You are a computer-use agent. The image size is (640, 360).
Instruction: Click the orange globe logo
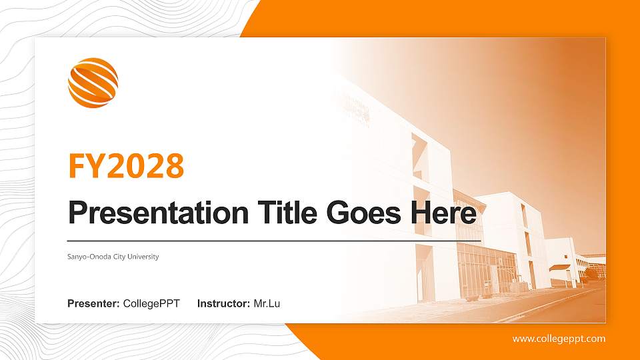(x=93, y=83)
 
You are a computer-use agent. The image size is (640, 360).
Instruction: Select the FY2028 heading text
(x=126, y=166)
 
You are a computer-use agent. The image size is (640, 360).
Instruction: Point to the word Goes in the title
(x=364, y=213)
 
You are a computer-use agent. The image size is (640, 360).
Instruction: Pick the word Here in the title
(x=443, y=213)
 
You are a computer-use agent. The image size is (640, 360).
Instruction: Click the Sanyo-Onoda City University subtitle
(x=113, y=257)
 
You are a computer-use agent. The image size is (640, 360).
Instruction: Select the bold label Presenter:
(x=93, y=304)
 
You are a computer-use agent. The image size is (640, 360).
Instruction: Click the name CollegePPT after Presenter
(x=151, y=304)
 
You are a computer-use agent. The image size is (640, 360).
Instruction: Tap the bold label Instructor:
(x=224, y=304)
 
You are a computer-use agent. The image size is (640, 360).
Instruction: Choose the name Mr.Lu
(x=267, y=304)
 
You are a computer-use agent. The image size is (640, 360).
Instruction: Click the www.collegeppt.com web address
(x=559, y=339)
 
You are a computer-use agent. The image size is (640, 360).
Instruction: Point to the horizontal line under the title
(x=273, y=239)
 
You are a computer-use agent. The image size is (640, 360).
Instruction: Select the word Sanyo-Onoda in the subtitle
(x=88, y=257)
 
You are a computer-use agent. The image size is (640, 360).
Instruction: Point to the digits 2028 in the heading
(x=145, y=166)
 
